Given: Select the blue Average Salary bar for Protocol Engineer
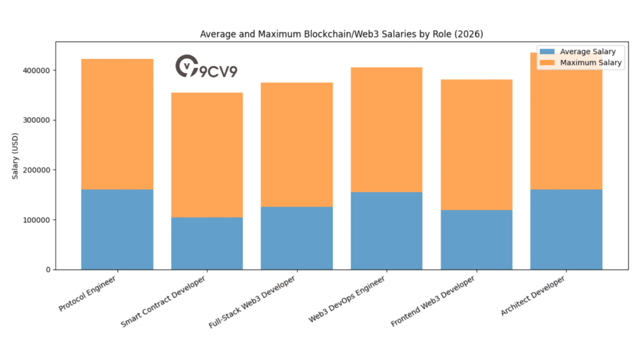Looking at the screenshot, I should (x=117, y=229).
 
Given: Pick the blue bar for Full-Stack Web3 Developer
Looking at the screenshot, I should (x=297, y=237).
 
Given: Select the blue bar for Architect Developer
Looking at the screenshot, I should (x=566, y=229).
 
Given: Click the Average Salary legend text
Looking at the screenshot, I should (x=587, y=52).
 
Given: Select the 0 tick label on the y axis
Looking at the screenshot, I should (x=47, y=269).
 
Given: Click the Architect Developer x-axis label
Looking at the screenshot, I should (x=535, y=294).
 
